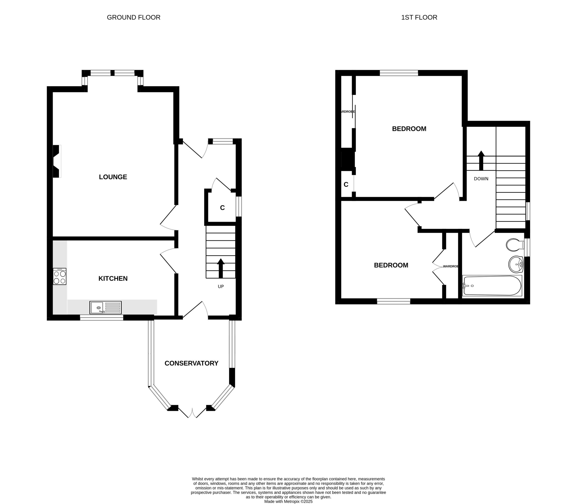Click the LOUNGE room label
point(113,177)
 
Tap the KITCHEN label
point(113,279)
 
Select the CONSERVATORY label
point(191,363)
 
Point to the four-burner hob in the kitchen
point(60,276)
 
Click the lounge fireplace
point(57,161)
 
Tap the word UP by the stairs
point(221,287)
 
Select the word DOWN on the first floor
point(481,179)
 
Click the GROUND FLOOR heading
point(134,17)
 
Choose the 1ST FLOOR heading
point(419,17)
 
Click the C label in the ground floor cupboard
point(222,208)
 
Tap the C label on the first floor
point(346,184)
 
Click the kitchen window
point(102,318)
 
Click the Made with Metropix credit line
point(288,501)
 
